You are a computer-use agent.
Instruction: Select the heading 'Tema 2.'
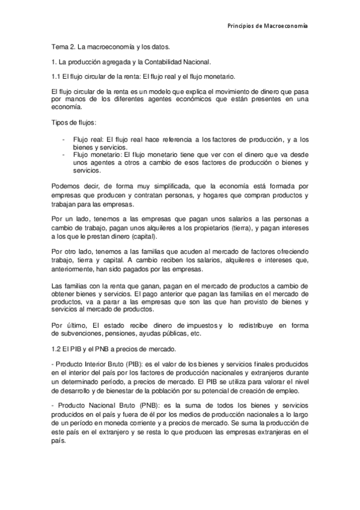61,46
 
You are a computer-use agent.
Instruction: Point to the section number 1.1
56,76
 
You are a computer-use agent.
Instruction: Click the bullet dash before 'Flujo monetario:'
64,154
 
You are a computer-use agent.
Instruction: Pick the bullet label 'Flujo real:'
88,138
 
